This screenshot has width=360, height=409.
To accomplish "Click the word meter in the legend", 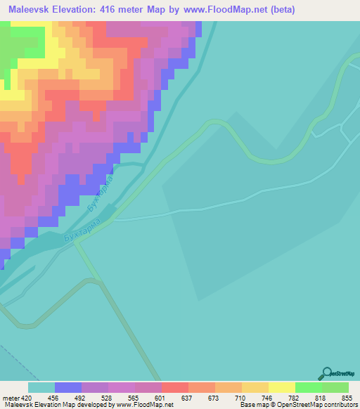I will click(x=10, y=398).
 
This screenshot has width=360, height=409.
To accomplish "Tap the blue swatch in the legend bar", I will click(x=68, y=387).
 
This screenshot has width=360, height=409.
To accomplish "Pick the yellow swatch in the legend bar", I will click(x=282, y=387).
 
